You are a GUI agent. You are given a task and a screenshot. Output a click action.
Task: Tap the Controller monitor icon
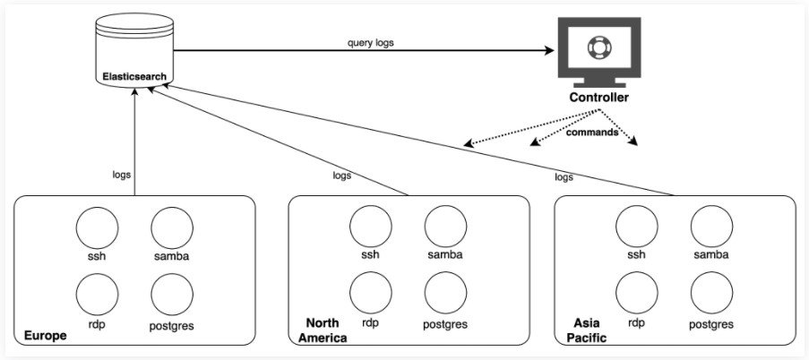[x=599, y=52]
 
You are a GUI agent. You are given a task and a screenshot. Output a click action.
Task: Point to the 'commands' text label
[x=591, y=132]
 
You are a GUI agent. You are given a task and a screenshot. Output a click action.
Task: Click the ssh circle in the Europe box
[x=97, y=227]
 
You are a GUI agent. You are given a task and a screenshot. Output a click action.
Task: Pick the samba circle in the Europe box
[x=171, y=227]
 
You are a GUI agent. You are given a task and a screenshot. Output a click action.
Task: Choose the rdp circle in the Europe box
[x=97, y=293]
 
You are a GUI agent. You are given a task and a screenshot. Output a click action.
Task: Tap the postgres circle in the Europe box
[x=171, y=293]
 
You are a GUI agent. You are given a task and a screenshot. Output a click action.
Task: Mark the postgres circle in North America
[x=445, y=292]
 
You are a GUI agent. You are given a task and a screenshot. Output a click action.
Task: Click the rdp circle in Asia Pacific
[x=637, y=292]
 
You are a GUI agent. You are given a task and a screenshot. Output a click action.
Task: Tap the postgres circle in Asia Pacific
[x=711, y=292]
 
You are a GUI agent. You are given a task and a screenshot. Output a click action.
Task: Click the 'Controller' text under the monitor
[x=599, y=98]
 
